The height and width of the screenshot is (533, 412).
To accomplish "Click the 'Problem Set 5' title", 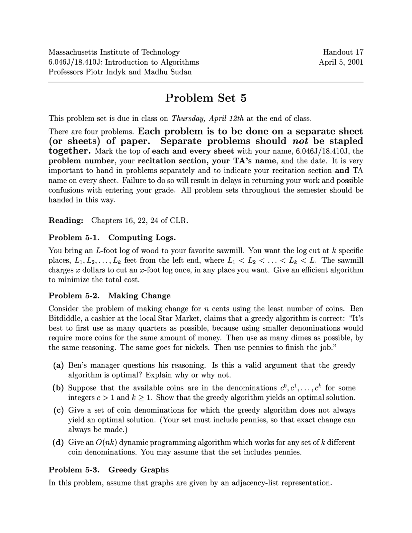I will coord(206,98).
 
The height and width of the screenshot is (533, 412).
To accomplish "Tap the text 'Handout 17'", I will coord(343,52).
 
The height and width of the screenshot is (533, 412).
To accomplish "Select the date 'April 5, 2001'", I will coord(341,62).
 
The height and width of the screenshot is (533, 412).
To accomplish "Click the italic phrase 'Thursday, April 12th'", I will coord(208,118).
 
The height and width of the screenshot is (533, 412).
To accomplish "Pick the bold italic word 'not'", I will coord(300,141).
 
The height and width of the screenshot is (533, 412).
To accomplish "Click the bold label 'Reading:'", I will coord(66,220).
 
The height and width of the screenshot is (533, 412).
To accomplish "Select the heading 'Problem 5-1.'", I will coord(74,238).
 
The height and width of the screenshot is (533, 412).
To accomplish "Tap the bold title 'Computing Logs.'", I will coord(142,238).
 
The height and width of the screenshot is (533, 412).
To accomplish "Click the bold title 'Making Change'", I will coord(139,296).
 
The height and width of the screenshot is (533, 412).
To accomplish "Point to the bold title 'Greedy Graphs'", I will coord(138,470).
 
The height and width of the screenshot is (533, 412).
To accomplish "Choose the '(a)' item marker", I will coord(58,365).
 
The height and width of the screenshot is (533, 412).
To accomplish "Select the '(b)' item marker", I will coord(58,388).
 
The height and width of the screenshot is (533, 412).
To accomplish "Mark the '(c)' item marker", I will coord(58,410).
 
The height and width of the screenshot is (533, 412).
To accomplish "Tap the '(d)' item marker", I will coord(58,443).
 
